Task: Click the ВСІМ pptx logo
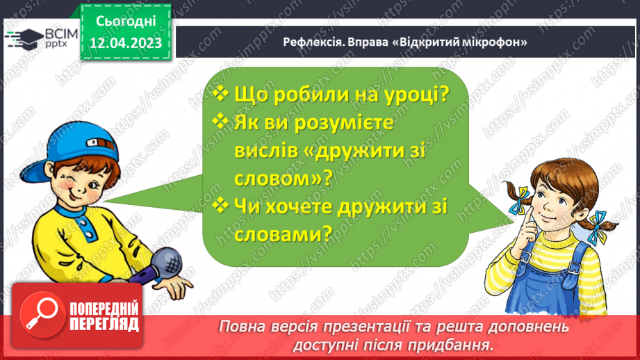click(x=39, y=38)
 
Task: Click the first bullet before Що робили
click(x=220, y=93)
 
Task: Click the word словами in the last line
click(x=272, y=236)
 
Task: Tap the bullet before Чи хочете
click(x=220, y=206)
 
